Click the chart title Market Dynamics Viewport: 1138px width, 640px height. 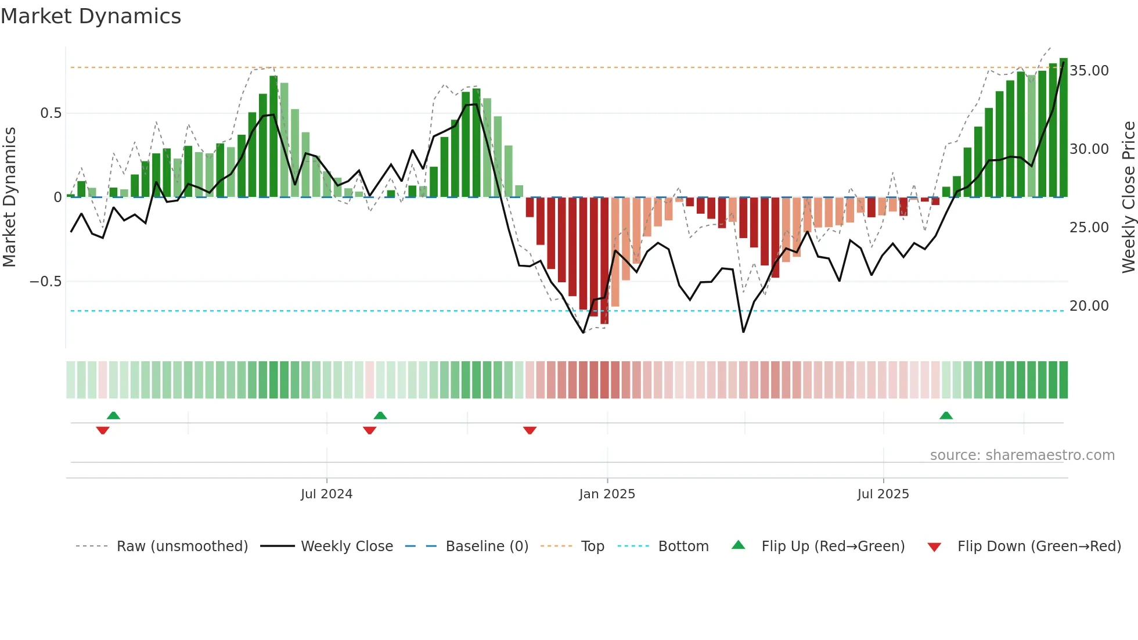91,16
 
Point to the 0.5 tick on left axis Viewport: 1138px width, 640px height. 51,113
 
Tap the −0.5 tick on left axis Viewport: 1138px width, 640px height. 45,282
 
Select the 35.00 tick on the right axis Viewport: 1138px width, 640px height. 1089,71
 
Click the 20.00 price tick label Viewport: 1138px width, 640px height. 1089,306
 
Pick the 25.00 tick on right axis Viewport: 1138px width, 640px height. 1089,228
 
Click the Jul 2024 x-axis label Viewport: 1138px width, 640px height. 326,494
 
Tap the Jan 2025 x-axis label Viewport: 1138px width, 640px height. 607,494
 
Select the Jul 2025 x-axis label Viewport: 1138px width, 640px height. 883,494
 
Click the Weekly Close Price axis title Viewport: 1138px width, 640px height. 1128,197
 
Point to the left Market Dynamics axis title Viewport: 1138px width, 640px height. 9,197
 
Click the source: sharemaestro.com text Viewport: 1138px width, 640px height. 1022,455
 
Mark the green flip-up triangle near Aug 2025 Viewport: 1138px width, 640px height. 946,416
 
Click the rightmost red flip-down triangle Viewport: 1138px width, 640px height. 530,430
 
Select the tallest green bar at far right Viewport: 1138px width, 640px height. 1063,128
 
